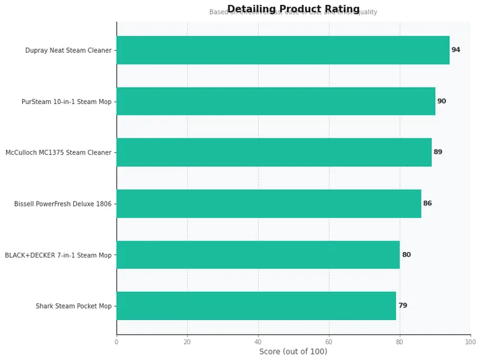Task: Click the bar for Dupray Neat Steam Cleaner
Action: (x=283, y=50)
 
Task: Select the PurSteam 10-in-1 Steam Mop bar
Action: (x=275, y=101)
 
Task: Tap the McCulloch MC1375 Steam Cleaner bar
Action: (x=274, y=152)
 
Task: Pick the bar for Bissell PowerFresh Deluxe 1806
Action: (x=269, y=203)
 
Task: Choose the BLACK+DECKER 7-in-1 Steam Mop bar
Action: (x=258, y=255)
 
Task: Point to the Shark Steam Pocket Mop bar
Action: (x=256, y=306)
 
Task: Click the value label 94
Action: (x=456, y=50)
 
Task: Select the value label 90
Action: (x=441, y=101)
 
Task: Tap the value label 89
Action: (x=438, y=152)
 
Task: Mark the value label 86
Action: (x=427, y=203)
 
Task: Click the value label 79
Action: (x=403, y=306)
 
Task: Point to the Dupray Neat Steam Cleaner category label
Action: (x=69, y=51)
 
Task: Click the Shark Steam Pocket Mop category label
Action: (x=74, y=306)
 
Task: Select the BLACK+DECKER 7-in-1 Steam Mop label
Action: (x=58, y=255)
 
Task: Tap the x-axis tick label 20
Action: (x=188, y=342)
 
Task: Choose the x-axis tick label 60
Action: (x=329, y=342)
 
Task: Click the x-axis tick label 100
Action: (x=470, y=342)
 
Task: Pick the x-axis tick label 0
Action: (x=117, y=342)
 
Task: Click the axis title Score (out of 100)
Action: (x=293, y=351)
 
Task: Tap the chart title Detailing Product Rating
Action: (x=293, y=9)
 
